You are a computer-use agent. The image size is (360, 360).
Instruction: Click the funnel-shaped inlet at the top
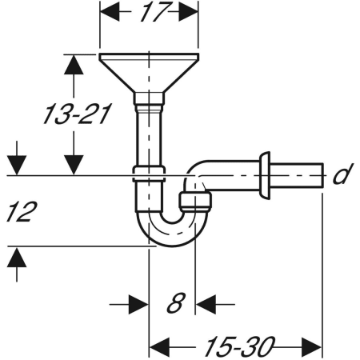[x=149, y=70]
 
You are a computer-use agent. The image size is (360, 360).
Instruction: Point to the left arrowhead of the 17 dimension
[x=107, y=14]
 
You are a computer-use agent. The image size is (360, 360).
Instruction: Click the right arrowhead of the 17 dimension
[x=190, y=14]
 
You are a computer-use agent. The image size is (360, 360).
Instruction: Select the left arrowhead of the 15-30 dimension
[x=159, y=346]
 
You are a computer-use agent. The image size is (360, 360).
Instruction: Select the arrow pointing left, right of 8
[x=206, y=304]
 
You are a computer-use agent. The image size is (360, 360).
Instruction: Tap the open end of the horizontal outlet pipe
[x=321, y=174]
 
